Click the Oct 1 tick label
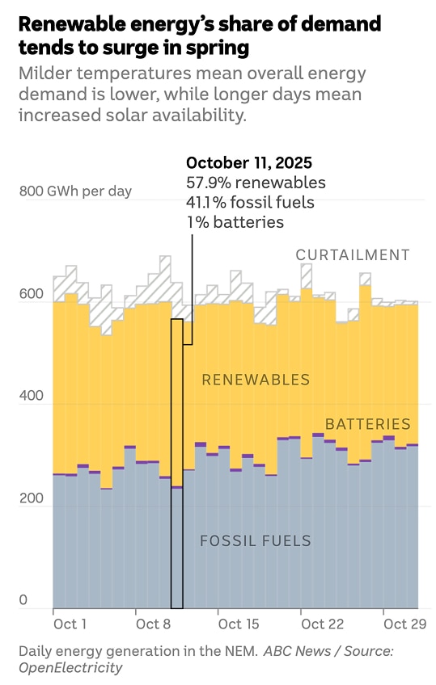(70, 624)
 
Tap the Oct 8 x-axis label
(153, 624)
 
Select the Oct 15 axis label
(239, 624)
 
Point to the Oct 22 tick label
(322, 624)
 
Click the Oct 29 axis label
(404, 624)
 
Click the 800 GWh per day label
(75, 191)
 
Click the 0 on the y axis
(23, 600)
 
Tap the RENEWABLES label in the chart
(256, 380)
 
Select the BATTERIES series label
(367, 424)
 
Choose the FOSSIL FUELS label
(256, 541)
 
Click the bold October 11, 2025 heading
(248, 162)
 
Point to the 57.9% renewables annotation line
(256, 183)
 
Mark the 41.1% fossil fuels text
(250, 202)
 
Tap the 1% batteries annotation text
(235, 222)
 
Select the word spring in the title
(207, 48)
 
